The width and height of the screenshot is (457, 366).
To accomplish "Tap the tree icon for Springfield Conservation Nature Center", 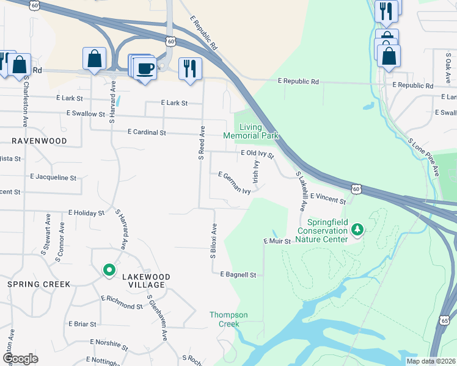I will (x=357, y=230).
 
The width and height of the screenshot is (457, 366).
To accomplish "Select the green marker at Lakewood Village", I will (x=109, y=270).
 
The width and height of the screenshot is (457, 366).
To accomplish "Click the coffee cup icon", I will (x=145, y=68).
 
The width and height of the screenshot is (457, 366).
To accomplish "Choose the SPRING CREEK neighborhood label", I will (x=38, y=284).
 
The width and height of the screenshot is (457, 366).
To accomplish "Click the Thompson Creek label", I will (x=228, y=319).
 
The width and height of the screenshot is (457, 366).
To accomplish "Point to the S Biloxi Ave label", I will (x=214, y=240).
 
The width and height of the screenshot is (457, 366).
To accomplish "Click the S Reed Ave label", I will (x=201, y=143).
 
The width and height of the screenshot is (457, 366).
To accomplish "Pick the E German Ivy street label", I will (x=235, y=182).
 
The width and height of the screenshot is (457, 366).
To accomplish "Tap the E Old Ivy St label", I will (x=257, y=153).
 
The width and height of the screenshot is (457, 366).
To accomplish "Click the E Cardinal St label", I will (x=147, y=132).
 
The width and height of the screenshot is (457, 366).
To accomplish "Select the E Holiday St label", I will (x=87, y=213).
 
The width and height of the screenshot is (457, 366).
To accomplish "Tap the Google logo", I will (x=20, y=359).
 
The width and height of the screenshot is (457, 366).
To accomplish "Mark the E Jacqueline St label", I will (x=53, y=178).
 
